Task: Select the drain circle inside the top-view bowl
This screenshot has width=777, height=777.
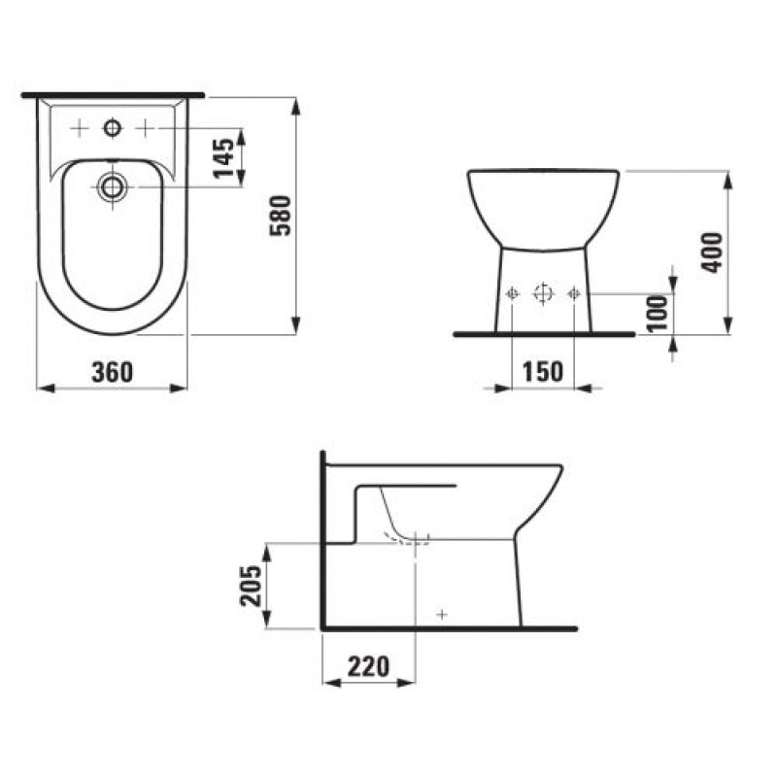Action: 114,187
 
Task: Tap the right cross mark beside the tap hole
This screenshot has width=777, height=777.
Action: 146,128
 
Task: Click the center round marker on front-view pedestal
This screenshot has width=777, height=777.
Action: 543,293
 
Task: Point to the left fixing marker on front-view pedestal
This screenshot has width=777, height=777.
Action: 513,293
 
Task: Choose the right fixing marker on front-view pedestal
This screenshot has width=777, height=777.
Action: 574,293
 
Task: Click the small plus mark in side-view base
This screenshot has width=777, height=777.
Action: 442,614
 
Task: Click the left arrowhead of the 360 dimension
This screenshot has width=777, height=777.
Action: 41,388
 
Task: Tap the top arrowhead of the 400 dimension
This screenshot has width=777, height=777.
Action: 727,176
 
